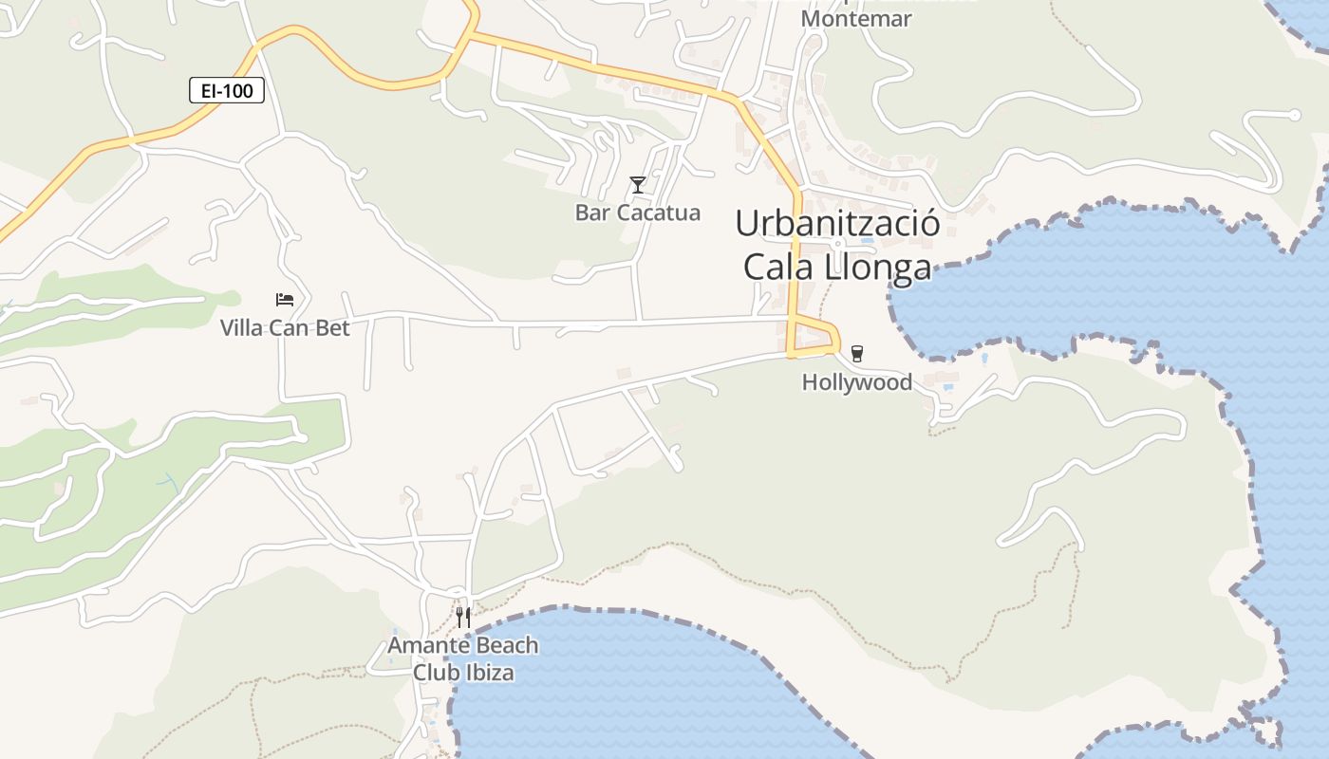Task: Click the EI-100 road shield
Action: (x=226, y=90)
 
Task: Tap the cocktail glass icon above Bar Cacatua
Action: (x=638, y=184)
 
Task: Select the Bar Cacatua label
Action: (x=638, y=213)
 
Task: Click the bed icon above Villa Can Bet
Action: (x=285, y=300)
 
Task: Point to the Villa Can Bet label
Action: (x=285, y=328)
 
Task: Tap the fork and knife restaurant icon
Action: (x=463, y=617)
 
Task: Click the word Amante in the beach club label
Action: (x=425, y=646)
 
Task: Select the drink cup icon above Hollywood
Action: (x=857, y=354)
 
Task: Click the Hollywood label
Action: (x=857, y=382)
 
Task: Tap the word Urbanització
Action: (x=838, y=224)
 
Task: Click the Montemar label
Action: (x=856, y=19)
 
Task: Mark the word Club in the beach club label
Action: (x=434, y=673)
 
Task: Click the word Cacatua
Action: (x=658, y=213)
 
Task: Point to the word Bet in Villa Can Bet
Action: (x=333, y=328)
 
